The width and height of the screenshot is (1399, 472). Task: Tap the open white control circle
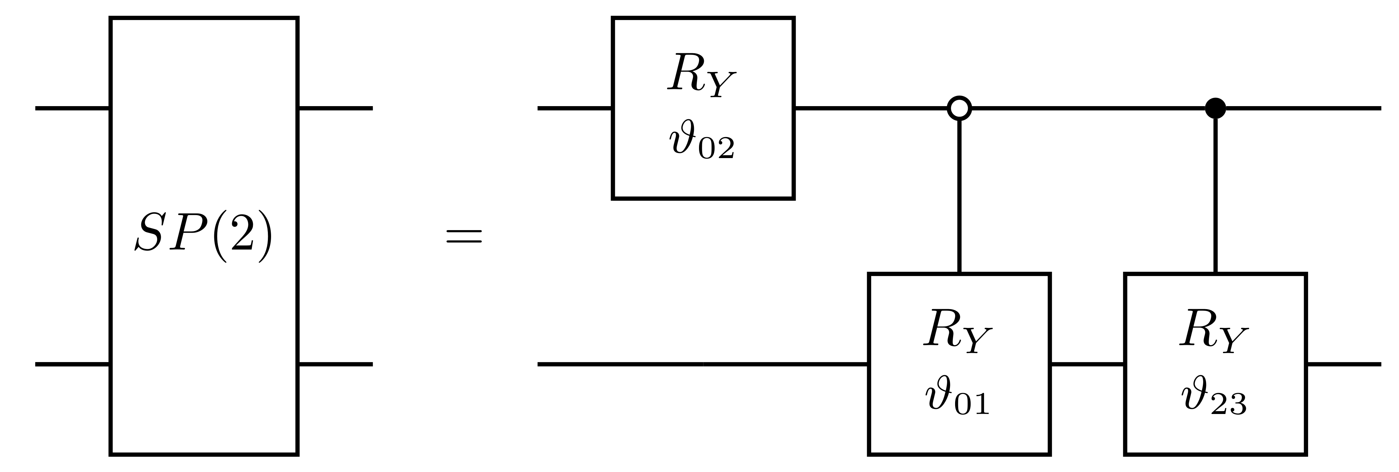(x=959, y=108)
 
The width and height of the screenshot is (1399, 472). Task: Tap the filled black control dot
(x=1215, y=108)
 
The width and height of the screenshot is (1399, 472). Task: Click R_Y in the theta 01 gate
(x=958, y=331)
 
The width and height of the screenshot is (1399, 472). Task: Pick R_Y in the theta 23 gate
(x=1214, y=331)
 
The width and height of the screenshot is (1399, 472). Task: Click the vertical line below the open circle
(x=959, y=195)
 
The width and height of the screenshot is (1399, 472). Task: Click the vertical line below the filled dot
(x=1215, y=195)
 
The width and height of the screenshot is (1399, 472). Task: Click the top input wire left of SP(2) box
(x=72, y=108)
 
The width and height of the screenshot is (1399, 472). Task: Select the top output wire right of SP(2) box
(x=335, y=108)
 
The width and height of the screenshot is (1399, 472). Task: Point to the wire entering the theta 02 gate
(x=575, y=108)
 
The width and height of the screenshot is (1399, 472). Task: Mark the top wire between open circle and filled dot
(x=1086, y=108)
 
